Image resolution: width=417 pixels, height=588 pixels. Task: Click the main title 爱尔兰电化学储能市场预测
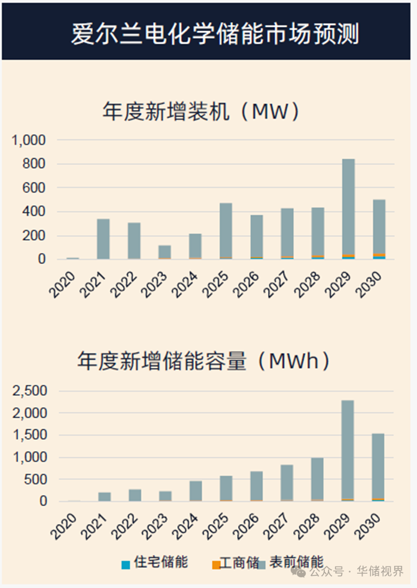pos(215,33)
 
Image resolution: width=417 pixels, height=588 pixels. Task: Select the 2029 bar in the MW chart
pos(348,208)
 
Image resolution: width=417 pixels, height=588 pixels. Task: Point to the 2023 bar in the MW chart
pos(165,252)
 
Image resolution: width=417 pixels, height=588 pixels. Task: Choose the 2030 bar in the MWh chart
pos(378,467)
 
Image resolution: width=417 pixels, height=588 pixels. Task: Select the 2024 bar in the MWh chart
pos(195,490)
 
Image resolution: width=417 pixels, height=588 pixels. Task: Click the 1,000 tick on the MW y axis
pos(29,140)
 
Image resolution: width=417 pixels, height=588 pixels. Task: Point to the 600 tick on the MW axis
pos(35,188)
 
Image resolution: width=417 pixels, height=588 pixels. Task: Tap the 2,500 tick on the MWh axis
pos(29,391)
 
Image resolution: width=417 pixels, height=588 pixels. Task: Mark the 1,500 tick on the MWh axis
pos(29,435)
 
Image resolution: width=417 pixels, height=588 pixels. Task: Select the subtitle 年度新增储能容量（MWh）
pos(203,361)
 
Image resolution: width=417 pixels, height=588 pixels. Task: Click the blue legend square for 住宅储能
pos(126,564)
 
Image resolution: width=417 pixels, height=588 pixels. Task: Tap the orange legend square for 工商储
pos(216,564)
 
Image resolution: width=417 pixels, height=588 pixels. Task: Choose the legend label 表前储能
pos(296,562)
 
